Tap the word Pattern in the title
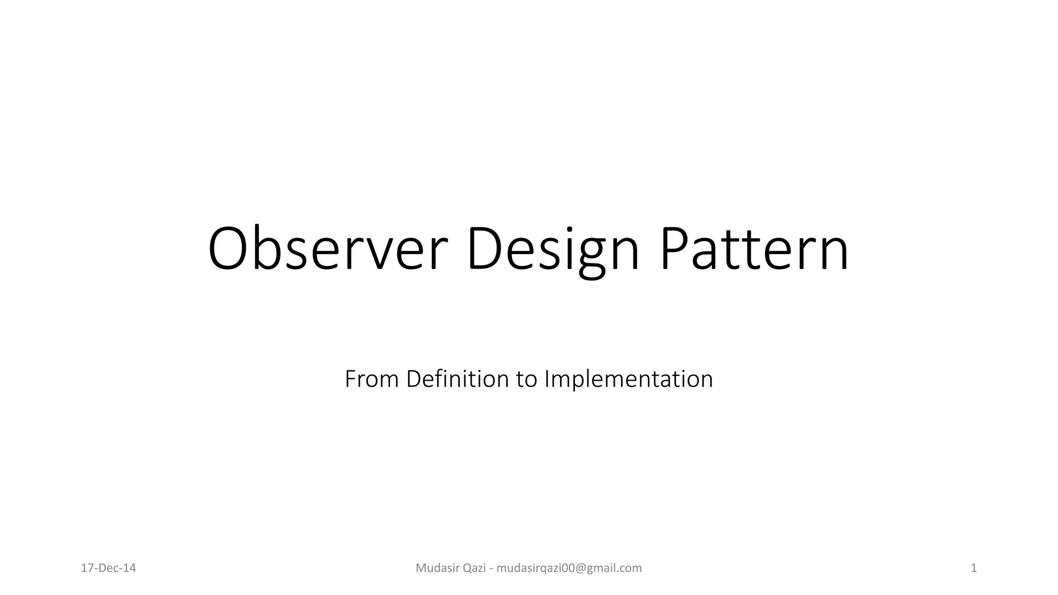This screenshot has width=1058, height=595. pyautogui.click(x=754, y=249)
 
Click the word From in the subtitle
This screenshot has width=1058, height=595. pyautogui.click(x=371, y=379)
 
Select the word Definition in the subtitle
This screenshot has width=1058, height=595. pyautogui.click(x=458, y=379)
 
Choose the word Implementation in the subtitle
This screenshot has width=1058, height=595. pyautogui.click(x=628, y=380)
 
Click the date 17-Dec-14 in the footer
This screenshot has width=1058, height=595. pyautogui.click(x=108, y=568)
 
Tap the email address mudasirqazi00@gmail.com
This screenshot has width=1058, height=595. pyautogui.click(x=569, y=568)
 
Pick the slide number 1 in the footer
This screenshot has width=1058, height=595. pyautogui.click(x=974, y=568)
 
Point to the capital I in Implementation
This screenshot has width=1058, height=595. pyautogui.click(x=547, y=379)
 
